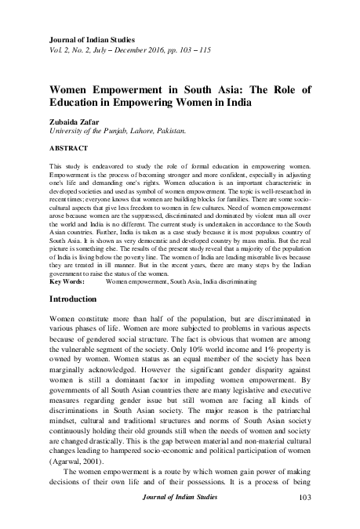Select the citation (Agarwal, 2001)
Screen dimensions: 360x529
coord(77,464)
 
